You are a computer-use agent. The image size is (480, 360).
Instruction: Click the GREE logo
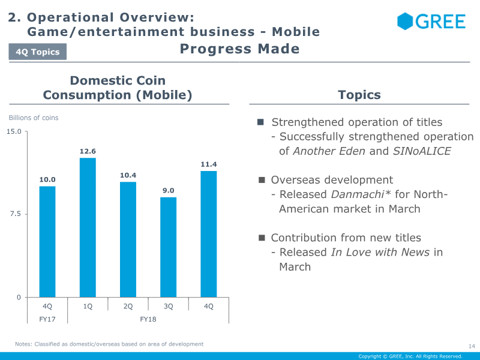(x=431, y=22)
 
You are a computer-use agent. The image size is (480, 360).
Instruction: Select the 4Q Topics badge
(x=37, y=52)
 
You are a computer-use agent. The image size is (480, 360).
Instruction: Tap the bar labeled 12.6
(x=88, y=227)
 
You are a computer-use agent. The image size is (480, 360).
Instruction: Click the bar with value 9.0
(x=168, y=247)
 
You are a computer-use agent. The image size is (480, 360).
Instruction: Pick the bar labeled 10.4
(x=128, y=239)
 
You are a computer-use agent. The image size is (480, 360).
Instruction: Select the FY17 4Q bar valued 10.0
(x=47, y=242)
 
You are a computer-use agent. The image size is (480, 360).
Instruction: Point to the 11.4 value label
(x=208, y=164)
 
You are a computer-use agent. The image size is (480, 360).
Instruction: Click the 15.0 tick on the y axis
(x=14, y=131)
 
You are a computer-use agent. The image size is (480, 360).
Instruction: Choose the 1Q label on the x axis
(x=88, y=306)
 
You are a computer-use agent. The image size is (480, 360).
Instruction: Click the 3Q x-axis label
(x=168, y=306)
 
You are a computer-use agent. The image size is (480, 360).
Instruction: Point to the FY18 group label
(x=148, y=319)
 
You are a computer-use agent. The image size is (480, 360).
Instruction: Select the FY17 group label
(x=47, y=319)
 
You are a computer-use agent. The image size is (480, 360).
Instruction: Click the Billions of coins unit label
(x=34, y=118)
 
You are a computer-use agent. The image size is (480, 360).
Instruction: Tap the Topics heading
(x=359, y=95)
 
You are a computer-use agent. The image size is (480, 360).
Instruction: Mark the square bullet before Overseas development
(x=262, y=180)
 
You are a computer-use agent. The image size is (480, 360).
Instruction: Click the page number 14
(x=471, y=346)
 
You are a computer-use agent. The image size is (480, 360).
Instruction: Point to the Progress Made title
(x=239, y=49)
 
